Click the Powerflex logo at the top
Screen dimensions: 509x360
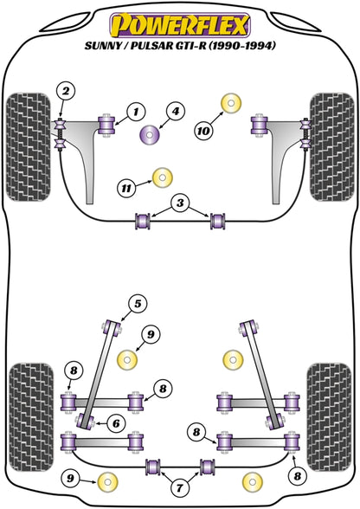coord(180,20)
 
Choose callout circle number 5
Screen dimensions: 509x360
coord(136,303)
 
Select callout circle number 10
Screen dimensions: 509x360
coord(203,131)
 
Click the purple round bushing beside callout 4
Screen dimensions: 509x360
coord(148,134)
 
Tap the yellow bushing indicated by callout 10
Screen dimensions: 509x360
coord(231,101)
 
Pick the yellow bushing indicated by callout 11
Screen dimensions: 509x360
coord(159,178)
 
